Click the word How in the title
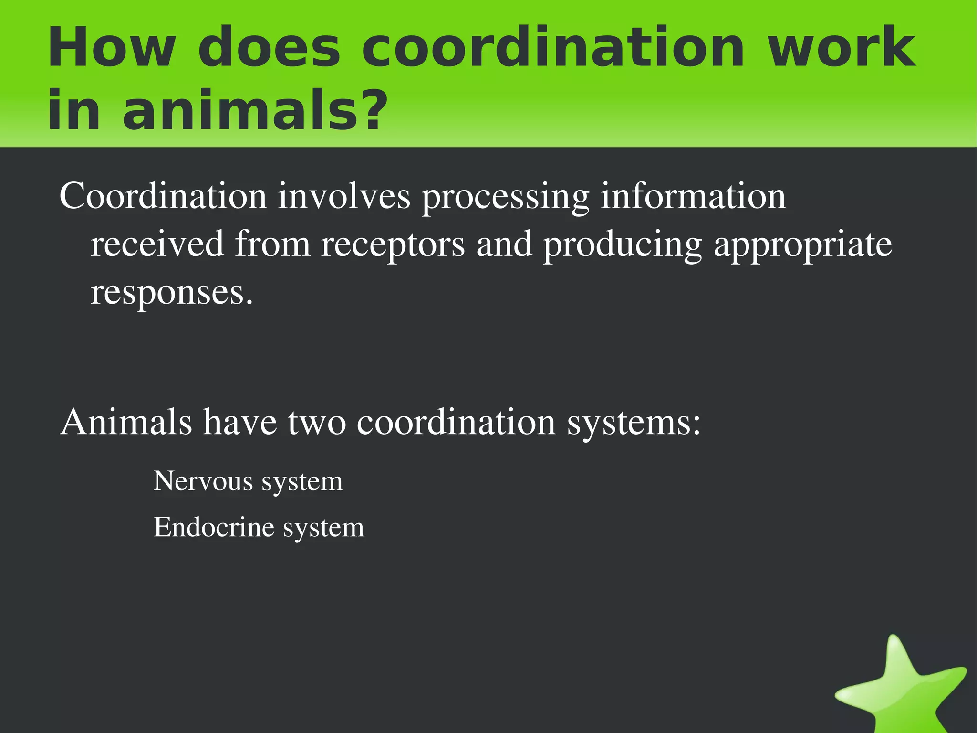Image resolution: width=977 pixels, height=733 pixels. pyautogui.click(x=111, y=48)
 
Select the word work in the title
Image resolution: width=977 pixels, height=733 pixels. pyautogui.click(x=841, y=48)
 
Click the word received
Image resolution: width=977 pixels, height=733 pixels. pyautogui.click(x=157, y=244)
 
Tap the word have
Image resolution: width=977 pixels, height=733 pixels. pyautogui.click(x=240, y=422)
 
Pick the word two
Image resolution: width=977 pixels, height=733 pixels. pyautogui.click(x=317, y=422)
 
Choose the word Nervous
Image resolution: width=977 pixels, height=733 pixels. pyautogui.click(x=203, y=481)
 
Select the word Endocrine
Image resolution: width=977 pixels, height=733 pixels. pyautogui.click(x=214, y=527)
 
